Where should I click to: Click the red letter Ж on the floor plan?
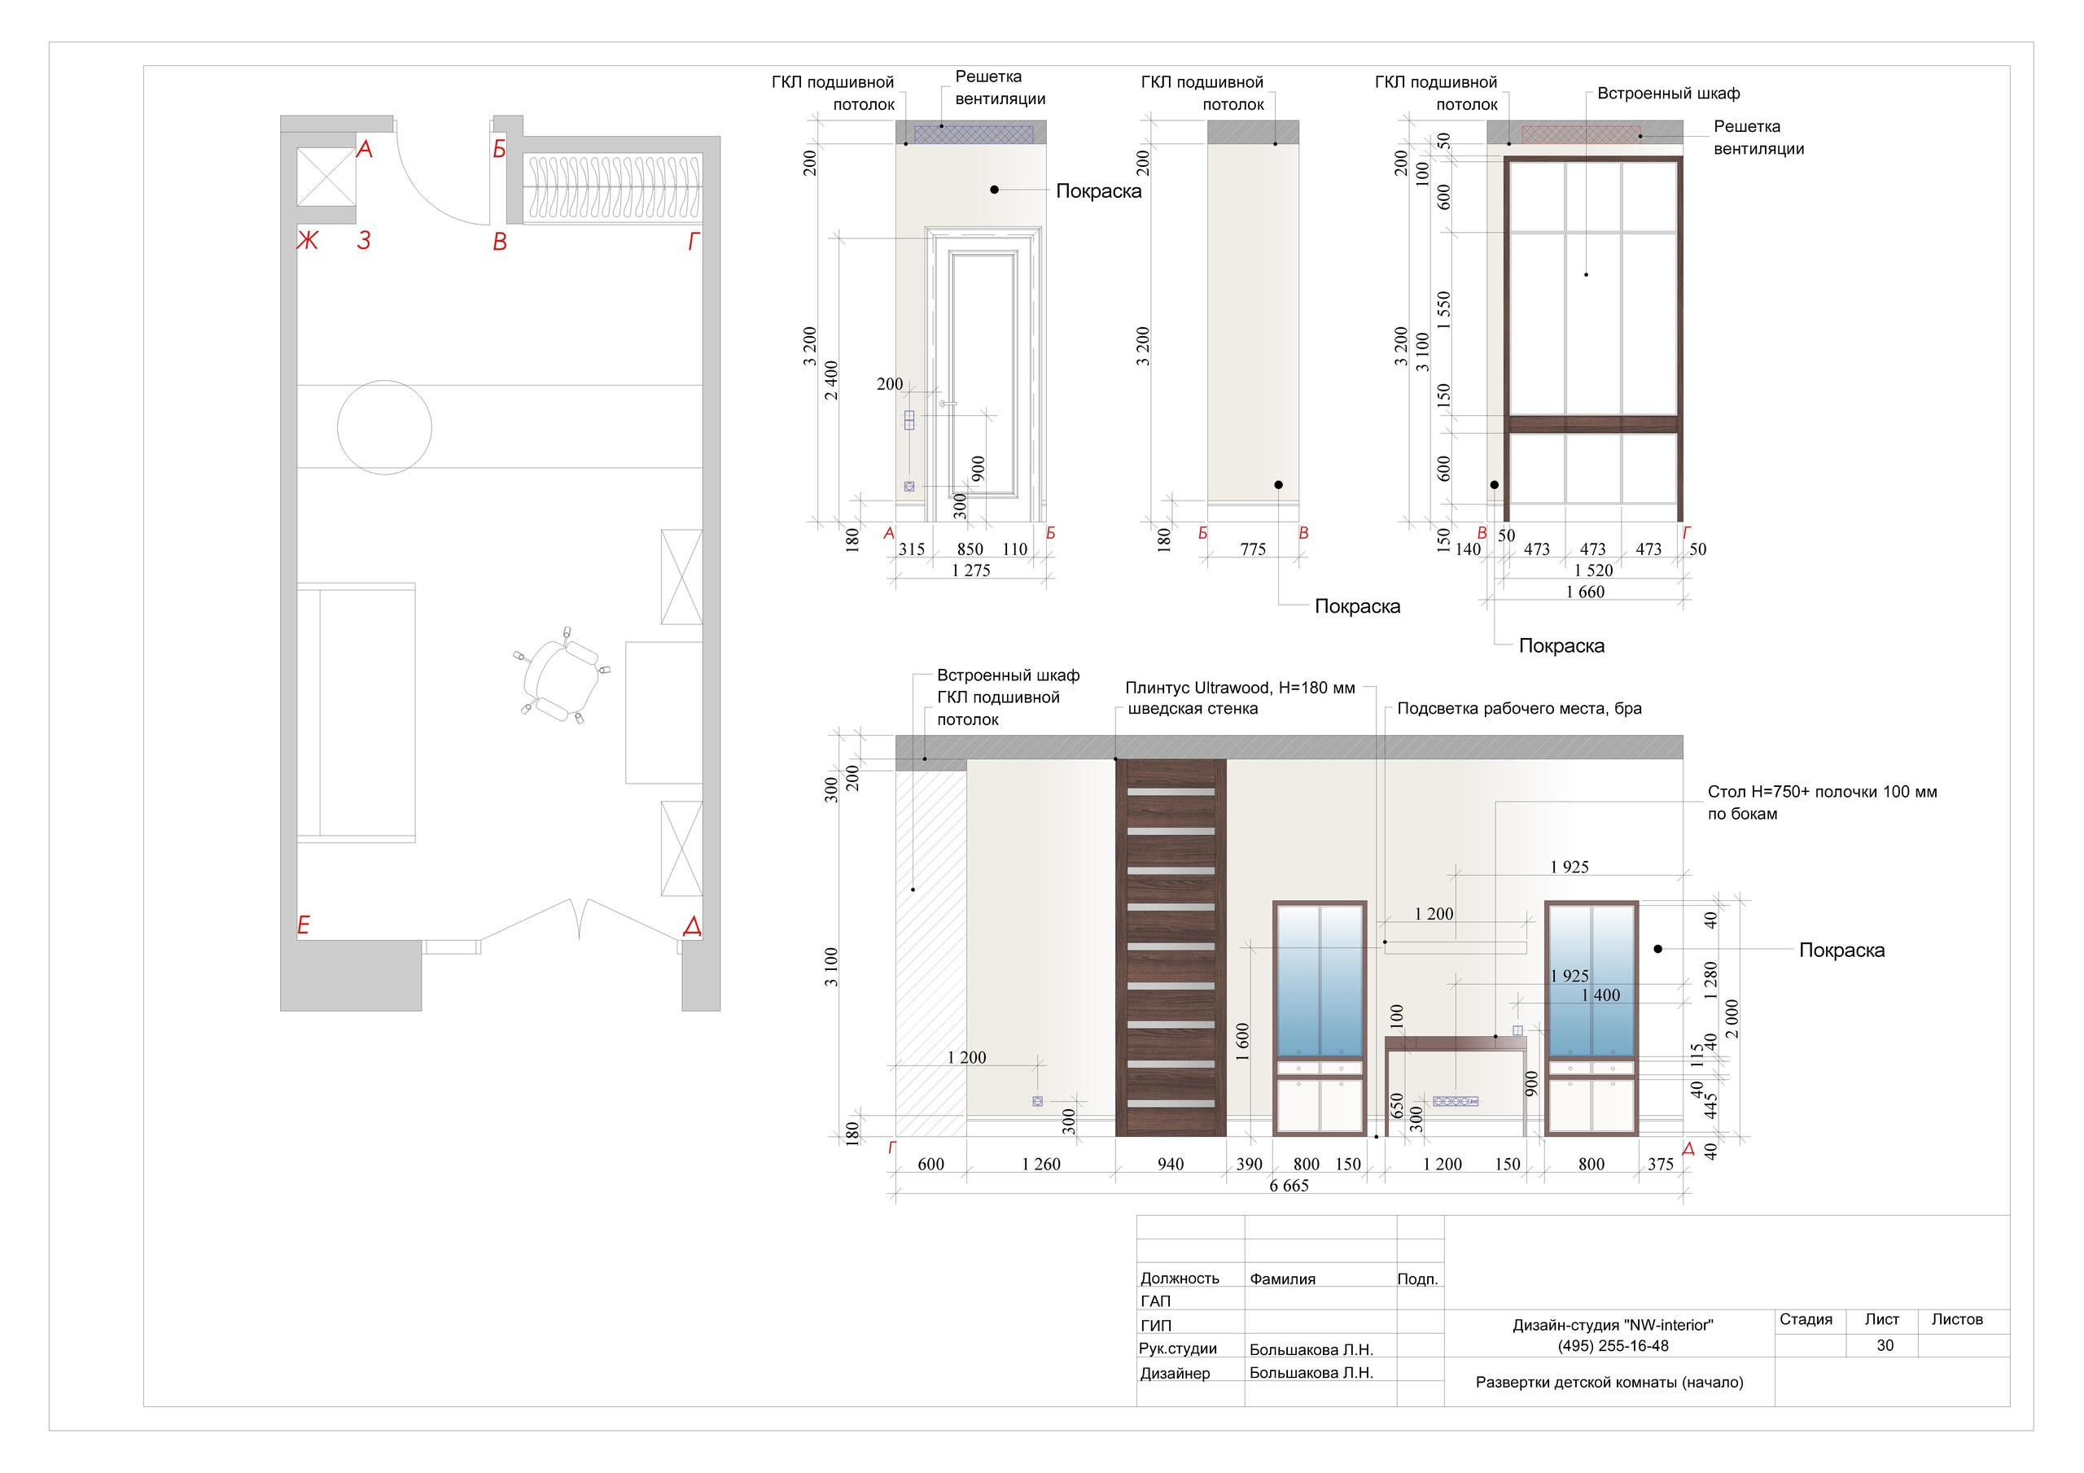[308, 241]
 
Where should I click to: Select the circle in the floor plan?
[384, 426]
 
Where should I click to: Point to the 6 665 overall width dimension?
[1289, 1185]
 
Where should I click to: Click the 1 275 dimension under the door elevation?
[970, 570]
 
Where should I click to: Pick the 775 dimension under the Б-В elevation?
[1253, 549]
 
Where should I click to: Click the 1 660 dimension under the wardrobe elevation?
[1585, 592]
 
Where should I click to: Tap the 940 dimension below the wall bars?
[1170, 1164]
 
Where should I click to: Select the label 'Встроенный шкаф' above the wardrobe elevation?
[1668, 94]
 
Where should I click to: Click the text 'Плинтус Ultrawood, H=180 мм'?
[1240, 688]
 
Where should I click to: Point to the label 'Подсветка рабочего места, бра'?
[1519, 709]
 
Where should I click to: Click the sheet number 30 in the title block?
[1885, 1345]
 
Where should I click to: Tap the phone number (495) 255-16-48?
[1613, 1346]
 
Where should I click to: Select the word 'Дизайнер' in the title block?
[1175, 1373]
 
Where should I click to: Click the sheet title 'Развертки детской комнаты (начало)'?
[1609, 1382]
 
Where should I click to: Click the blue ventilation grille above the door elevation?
[974, 133]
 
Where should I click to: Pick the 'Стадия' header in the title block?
[1806, 1320]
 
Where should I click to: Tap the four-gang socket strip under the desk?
[1455, 1101]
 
